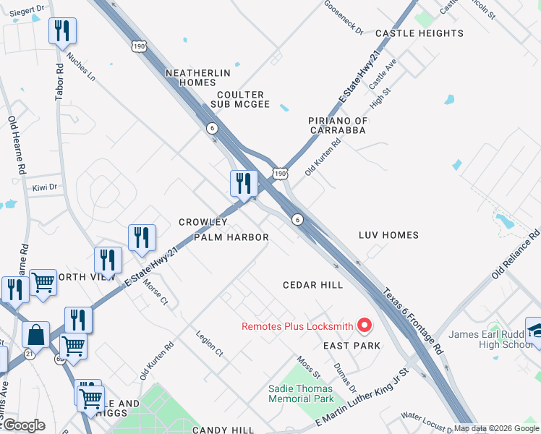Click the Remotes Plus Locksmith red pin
(365, 326)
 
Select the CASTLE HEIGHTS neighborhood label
(419, 33)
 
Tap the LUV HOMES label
(388, 235)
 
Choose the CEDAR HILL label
(312, 285)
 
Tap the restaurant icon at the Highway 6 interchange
(244, 183)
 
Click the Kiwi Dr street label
(44, 188)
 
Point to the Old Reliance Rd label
(516, 254)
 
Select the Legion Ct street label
(209, 344)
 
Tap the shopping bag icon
(35, 335)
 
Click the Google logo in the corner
(23, 425)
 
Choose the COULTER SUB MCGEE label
(239, 100)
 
